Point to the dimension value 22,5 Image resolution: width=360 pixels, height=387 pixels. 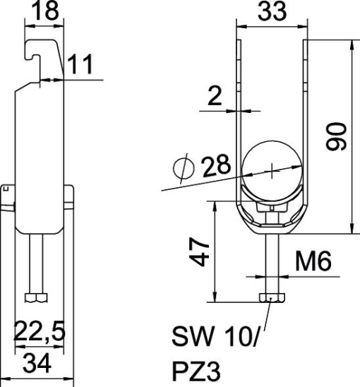click(40, 328)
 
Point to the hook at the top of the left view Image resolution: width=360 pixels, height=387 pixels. click(39, 49)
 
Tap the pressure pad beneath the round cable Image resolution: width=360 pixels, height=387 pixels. click(272, 209)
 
